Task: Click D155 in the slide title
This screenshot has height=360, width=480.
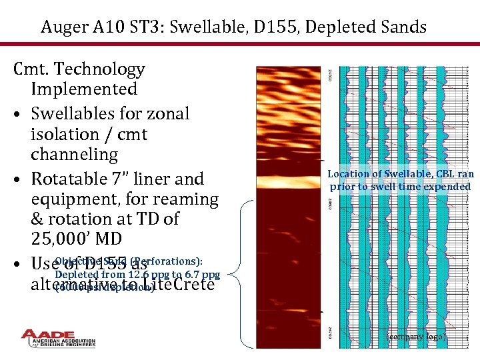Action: coord(282,27)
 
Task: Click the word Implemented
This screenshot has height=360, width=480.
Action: coord(83,89)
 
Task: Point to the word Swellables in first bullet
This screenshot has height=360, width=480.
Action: coord(73,114)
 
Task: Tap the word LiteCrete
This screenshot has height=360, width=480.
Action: coord(180,285)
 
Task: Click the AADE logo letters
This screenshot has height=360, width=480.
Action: coord(59,335)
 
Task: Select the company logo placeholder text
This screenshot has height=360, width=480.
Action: coord(417,337)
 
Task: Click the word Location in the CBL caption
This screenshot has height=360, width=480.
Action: coord(347,174)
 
